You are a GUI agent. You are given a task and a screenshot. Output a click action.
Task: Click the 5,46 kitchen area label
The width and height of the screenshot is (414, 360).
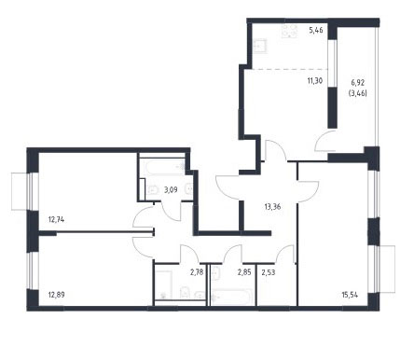click(x=316, y=30)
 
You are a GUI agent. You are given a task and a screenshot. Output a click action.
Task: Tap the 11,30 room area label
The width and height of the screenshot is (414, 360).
click(x=315, y=81)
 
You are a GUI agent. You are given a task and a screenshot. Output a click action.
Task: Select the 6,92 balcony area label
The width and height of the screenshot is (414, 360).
click(x=358, y=83)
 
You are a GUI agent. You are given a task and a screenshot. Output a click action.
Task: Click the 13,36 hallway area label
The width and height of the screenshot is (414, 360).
click(x=272, y=206)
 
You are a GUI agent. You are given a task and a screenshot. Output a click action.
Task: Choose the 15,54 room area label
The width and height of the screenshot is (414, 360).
click(x=350, y=295)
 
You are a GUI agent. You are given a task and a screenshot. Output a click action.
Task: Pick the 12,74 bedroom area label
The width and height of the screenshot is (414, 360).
click(x=56, y=220)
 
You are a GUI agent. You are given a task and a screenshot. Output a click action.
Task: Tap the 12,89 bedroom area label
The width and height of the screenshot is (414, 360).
click(x=57, y=295)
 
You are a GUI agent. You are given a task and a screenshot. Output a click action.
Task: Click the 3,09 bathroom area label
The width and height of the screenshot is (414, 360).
click(x=171, y=189)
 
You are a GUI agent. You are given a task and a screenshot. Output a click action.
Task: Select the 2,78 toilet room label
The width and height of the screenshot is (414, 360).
click(x=197, y=272)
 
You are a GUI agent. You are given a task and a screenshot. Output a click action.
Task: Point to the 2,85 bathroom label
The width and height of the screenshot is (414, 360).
click(x=244, y=272)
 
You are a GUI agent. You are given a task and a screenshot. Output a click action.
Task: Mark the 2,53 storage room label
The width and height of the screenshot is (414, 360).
click(x=269, y=272)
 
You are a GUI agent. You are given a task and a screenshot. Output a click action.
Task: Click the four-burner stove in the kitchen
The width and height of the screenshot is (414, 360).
click(x=290, y=31)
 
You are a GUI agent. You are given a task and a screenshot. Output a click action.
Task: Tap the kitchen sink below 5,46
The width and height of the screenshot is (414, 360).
click(x=260, y=47)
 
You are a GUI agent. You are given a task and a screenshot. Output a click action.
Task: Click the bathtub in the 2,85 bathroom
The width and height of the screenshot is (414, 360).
click(x=231, y=298)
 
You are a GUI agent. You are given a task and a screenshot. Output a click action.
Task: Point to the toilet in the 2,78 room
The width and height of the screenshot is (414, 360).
click(x=185, y=293)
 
